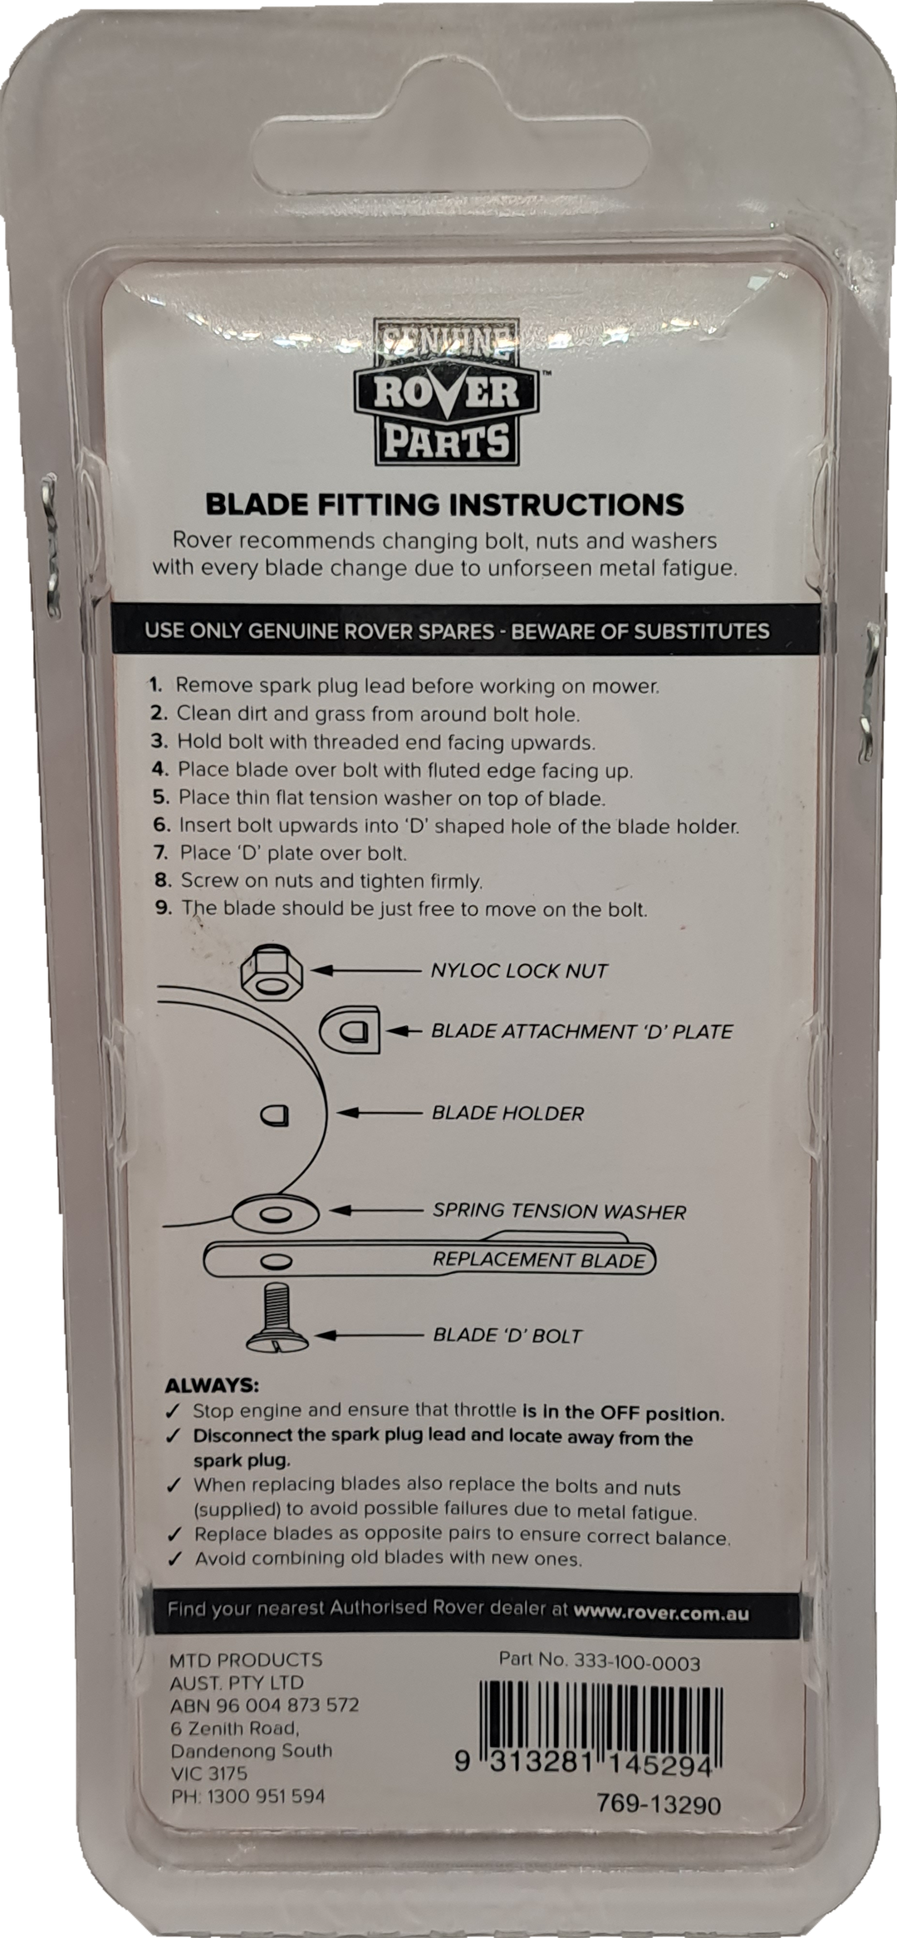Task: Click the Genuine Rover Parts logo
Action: pos(448,393)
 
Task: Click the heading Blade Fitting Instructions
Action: pos(444,504)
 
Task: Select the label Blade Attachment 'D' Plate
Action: pos(581,1031)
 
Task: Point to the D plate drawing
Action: pos(350,1030)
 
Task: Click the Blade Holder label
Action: pos(507,1113)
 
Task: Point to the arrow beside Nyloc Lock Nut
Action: pos(371,970)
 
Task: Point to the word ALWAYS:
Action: pos(212,1386)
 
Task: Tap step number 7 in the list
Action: pos(161,853)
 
